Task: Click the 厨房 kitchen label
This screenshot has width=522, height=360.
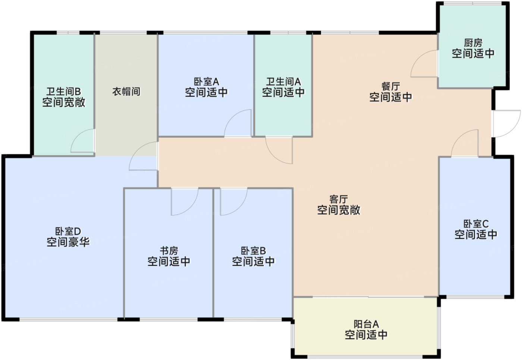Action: [x=473, y=43]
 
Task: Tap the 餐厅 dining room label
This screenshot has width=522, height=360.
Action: [x=391, y=87]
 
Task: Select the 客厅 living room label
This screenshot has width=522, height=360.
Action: [x=339, y=200]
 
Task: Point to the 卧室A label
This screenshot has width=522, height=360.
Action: [x=206, y=82]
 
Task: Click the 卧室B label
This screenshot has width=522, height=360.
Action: [x=253, y=251]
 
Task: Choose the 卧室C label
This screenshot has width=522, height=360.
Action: [x=476, y=224]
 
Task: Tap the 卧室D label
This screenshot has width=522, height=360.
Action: [x=68, y=232]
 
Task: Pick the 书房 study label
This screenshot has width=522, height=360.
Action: [x=169, y=251]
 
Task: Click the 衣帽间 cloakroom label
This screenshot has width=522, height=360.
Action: [x=126, y=91]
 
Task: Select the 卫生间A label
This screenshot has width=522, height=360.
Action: [x=283, y=82]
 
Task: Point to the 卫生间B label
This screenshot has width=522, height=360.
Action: [x=63, y=92]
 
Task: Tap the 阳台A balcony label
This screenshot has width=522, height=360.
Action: [x=366, y=324]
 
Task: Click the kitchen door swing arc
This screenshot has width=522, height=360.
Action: [x=424, y=64]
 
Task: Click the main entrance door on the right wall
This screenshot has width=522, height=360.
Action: [x=506, y=123]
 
